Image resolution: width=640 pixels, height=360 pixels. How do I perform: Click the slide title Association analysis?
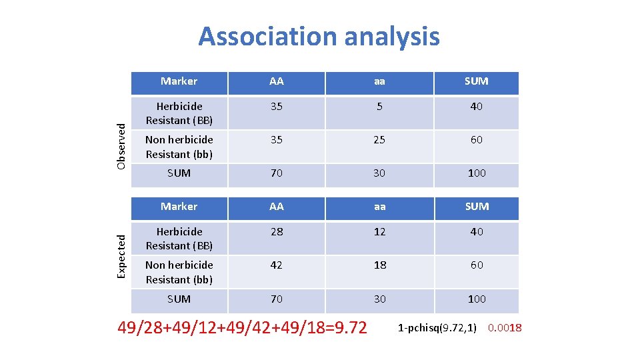[x=319, y=36]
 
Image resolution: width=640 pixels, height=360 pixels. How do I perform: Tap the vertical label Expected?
[x=121, y=256]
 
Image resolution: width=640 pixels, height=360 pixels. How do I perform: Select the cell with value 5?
[x=379, y=106]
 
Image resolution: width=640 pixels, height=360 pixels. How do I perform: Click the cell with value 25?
[x=379, y=139]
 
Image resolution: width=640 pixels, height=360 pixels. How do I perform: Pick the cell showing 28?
[x=276, y=231]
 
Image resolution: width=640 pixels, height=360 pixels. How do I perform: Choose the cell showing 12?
[x=379, y=231]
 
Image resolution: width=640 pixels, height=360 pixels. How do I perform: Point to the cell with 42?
[x=276, y=265]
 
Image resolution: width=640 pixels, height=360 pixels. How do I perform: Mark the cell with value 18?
[x=379, y=265]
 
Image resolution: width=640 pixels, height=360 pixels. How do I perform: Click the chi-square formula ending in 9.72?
[x=242, y=328]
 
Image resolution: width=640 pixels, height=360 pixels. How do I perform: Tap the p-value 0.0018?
[x=505, y=327]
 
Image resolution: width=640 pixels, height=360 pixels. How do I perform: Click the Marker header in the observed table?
[x=179, y=81]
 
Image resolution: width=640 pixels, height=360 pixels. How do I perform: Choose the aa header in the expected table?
[x=379, y=207]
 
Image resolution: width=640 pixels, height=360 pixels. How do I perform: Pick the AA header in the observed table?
[x=276, y=81]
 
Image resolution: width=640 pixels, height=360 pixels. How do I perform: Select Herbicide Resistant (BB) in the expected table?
[x=179, y=239]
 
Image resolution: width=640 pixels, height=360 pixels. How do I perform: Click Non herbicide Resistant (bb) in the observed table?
[x=179, y=147]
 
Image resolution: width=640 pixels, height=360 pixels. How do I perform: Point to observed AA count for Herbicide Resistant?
[x=276, y=106]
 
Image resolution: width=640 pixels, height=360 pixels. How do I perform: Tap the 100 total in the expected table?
[x=476, y=299]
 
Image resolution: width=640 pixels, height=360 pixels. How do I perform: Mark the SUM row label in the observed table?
[x=179, y=173]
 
